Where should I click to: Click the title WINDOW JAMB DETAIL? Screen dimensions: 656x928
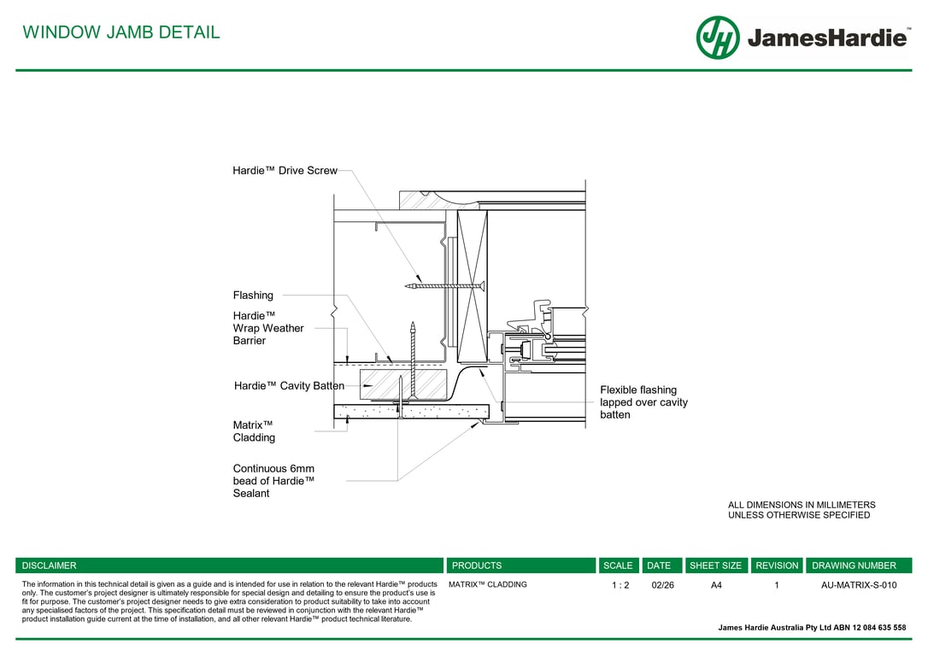[x=120, y=32]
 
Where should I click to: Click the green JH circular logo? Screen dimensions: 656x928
[x=717, y=38]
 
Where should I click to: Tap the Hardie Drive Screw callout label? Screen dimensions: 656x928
[x=285, y=171]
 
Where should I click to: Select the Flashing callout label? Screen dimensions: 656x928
[x=253, y=296]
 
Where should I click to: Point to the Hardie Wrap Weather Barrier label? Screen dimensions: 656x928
[x=267, y=328]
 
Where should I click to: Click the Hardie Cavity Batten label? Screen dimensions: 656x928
[x=289, y=386]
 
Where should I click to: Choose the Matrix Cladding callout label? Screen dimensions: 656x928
[x=254, y=431]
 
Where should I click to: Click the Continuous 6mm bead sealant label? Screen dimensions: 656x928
[x=273, y=481]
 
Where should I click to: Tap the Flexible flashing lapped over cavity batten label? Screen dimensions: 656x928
[x=643, y=402]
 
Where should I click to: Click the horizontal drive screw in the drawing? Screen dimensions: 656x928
[x=446, y=285]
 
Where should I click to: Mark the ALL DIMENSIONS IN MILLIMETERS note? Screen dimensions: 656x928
[x=801, y=510]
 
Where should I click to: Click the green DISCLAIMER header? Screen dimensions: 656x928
[x=50, y=565]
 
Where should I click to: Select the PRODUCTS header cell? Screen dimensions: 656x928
[x=476, y=565]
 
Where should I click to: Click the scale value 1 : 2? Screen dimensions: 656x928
[x=620, y=586]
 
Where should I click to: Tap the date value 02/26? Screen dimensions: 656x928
[x=662, y=586]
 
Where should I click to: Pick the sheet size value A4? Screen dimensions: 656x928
[x=716, y=586]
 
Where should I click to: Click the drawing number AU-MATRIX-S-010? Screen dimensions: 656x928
[x=858, y=586]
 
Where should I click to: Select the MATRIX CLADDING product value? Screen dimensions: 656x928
[x=487, y=585]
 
